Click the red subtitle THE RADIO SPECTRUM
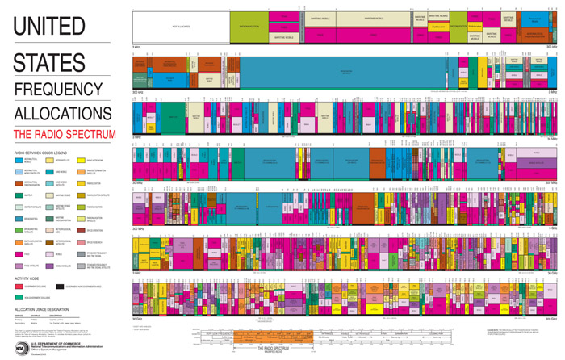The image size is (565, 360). (65, 134)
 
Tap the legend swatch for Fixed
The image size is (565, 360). (19, 254)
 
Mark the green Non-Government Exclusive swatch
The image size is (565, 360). (19, 297)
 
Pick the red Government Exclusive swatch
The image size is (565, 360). (19, 287)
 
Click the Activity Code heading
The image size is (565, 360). (27, 278)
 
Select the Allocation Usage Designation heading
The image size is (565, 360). (40, 308)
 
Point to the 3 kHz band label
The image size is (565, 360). (136, 47)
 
